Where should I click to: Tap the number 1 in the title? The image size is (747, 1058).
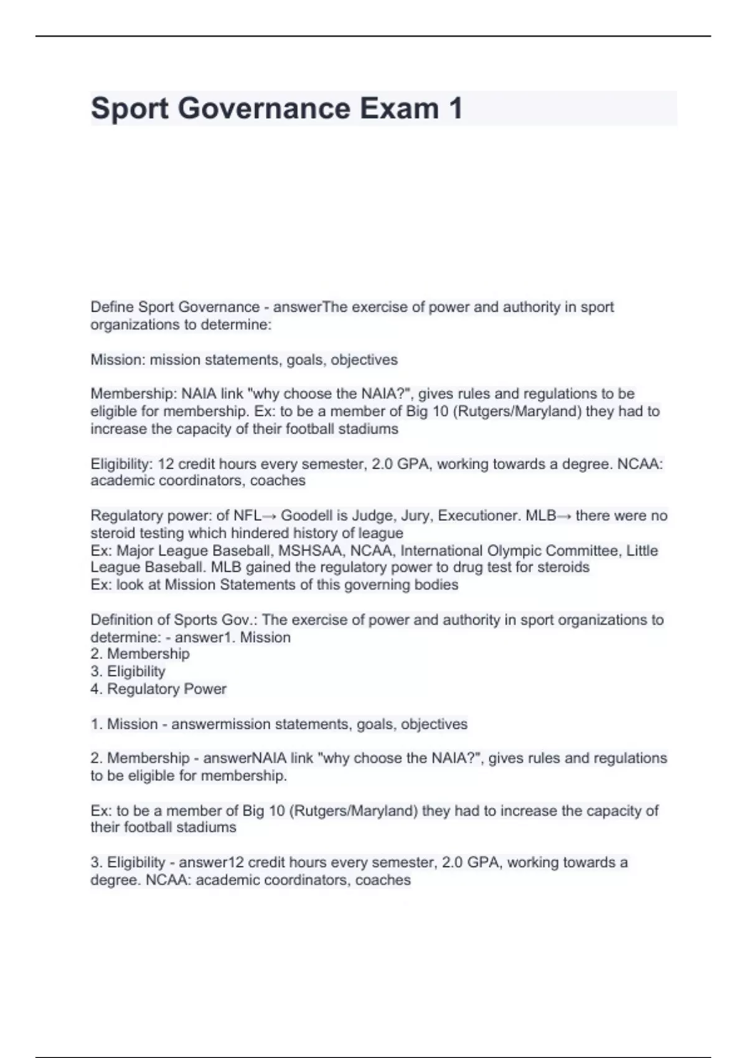click(455, 108)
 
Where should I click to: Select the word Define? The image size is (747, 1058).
click(112, 307)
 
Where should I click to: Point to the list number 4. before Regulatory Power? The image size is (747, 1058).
click(96, 689)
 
